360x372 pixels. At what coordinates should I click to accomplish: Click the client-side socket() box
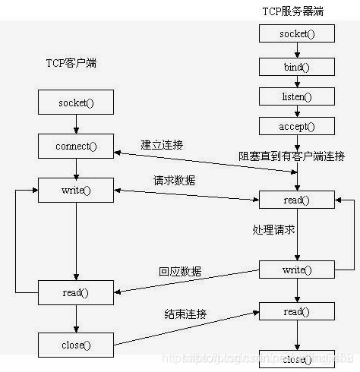click(x=75, y=102)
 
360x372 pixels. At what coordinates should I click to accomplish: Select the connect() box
click(x=75, y=145)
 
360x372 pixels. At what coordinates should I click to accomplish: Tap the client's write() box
click(x=75, y=190)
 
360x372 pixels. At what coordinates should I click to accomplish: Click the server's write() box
click(x=296, y=270)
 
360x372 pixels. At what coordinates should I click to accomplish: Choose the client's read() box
click(x=75, y=291)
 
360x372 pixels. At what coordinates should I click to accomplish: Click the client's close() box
click(x=75, y=345)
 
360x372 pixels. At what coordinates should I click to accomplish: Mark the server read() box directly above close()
click(x=296, y=312)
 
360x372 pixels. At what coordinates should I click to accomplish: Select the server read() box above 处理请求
click(x=296, y=200)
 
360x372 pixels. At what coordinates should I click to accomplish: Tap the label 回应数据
click(x=180, y=271)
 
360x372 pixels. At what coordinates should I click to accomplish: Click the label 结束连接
click(x=186, y=314)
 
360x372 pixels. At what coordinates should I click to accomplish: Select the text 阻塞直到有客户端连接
click(x=292, y=156)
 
